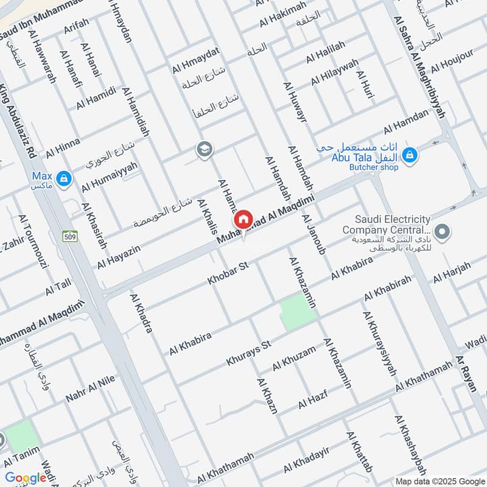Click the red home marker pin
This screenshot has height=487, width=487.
pyautogui.click(x=243, y=219)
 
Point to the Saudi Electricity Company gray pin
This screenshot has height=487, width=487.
pyautogui.click(x=444, y=231)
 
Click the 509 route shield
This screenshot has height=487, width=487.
pyautogui.click(x=71, y=237)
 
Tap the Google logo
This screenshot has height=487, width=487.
pyautogui.click(x=26, y=478)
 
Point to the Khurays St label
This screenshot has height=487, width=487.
pyautogui.click(x=248, y=353)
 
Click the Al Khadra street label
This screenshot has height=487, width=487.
pyautogui.click(x=141, y=313)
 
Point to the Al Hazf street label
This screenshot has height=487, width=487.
pyautogui.click(x=312, y=400)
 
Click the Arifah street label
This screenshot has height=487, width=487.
pyautogui.click(x=76, y=30)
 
